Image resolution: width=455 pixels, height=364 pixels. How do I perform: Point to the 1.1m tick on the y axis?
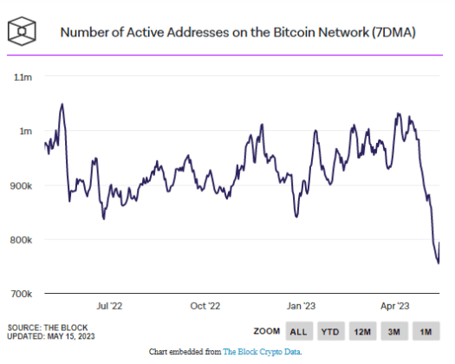pyautogui.click(x=22, y=77)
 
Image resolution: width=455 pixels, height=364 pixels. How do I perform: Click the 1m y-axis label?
pyautogui.click(x=25, y=131)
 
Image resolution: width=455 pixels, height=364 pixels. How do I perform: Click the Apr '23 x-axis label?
pyautogui.click(x=396, y=306)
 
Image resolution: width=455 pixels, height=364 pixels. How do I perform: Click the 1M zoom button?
pyautogui.click(x=427, y=331)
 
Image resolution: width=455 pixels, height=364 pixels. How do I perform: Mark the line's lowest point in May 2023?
pyautogui.click(x=437, y=263)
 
